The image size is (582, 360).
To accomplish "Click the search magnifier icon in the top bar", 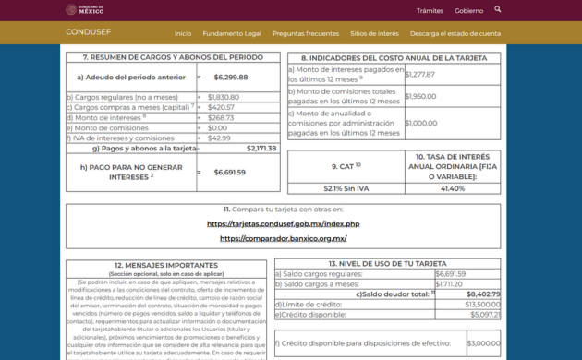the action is pyautogui.click(x=498, y=9).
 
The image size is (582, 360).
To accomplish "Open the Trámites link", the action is pyautogui.click(x=430, y=11).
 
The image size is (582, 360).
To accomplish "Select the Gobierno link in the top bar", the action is pyautogui.click(x=468, y=11).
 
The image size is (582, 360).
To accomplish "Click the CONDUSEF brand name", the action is pyautogui.click(x=88, y=32).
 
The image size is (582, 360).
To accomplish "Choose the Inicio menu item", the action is pyautogui.click(x=183, y=33).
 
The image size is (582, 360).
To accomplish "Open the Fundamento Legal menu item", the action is pyautogui.click(x=232, y=33).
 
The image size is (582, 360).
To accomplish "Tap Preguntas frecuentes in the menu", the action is pyautogui.click(x=306, y=33).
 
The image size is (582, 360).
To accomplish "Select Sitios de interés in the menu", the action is pyautogui.click(x=374, y=33).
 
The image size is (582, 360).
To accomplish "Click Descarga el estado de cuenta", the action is pyautogui.click(x=455, y=33).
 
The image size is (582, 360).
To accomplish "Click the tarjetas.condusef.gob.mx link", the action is pyautogui.click(x=283, y=223).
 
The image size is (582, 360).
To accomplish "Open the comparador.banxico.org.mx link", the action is pyautogui.click(x=283, y=238).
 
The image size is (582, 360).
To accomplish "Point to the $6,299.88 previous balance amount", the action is pyautogui.click(x=230, y=78).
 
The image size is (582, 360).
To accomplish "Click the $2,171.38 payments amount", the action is pyautogui.click(x=261, y=148).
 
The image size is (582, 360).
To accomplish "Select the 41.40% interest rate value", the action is pyautogui.click(x=453, y=188).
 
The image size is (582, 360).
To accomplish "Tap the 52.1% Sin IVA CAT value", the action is pyautogui.click(x=346, y=188).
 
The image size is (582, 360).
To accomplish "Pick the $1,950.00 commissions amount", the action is pyautogui.click(x=420, y=96).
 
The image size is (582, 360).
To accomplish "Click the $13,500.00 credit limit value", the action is pyautogui.click(x=482, y=304).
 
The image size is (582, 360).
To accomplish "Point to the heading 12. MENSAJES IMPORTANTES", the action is pyautogui.click(x=166, y=264).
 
